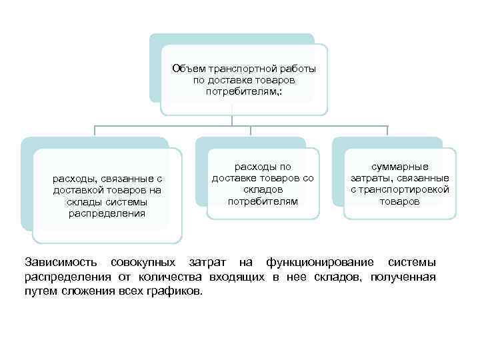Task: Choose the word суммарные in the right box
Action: tap(400, 167)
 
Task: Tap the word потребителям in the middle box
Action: tap(262, 201)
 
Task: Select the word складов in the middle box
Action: tap(262, 189)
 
